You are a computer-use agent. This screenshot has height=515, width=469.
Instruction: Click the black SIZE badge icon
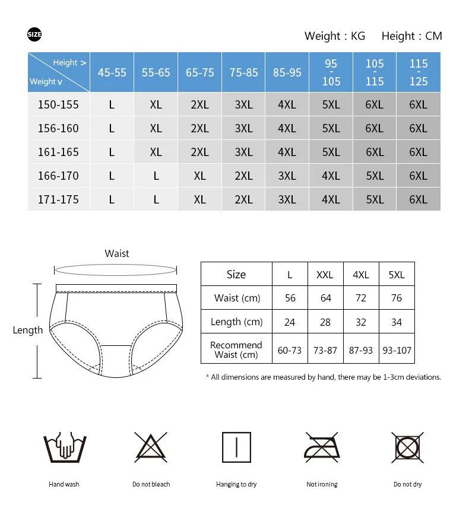click(x=34, y=35)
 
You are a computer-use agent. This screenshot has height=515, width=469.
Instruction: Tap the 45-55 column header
click(x=112, y=72)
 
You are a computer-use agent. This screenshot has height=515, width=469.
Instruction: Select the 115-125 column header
click(x=419, y=72)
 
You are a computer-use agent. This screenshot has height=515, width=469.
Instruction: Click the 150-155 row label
click(x=58, y=104)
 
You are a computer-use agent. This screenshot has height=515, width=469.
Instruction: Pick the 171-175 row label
click(x=58, y=199)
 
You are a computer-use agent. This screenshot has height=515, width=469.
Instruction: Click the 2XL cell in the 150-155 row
click(x=199, y=104)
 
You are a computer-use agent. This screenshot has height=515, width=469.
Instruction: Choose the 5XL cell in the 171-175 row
click(x=375, y=199)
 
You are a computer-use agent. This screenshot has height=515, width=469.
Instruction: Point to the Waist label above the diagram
click(x=117, y=253)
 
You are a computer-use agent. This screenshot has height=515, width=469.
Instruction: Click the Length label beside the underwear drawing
click(x=28, y=330)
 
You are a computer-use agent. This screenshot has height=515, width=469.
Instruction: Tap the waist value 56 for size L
click(x=290, y=298)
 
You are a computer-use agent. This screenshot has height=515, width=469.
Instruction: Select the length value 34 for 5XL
click(x=397, y=322)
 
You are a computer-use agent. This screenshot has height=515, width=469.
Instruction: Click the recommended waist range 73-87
click(x=325, y=350)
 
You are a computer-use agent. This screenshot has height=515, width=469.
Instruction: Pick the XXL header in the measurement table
click(x=325, y=275)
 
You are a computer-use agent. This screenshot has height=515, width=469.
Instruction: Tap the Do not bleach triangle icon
click(x=151, y=447)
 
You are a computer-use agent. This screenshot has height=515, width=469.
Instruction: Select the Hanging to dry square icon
click(x=236, y=448)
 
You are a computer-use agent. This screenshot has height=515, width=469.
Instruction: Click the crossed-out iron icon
click(x=322, y=448)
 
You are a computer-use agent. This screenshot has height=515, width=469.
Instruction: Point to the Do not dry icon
click(x=407, y=447)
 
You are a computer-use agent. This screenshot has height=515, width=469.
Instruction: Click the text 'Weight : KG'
click(x=334, y=36)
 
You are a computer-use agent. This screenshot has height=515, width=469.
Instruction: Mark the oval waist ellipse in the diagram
click(x=116, y=270)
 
